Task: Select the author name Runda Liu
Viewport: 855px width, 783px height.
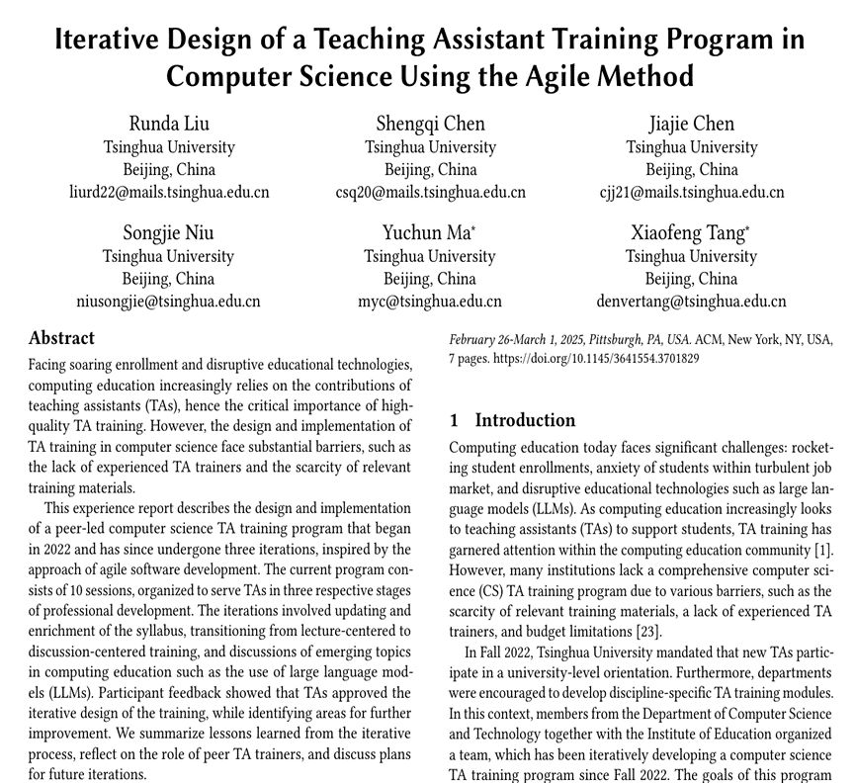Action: point(169,124)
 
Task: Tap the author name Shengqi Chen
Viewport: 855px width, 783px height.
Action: point(430,124)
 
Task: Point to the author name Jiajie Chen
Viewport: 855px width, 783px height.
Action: point(691,124)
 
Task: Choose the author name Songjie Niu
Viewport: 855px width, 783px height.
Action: point(168,233)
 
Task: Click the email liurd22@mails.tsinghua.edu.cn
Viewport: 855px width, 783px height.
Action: point(169,192)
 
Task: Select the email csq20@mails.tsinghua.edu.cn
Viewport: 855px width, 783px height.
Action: point(430,192)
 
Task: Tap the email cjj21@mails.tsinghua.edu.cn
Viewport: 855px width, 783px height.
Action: point(691,192)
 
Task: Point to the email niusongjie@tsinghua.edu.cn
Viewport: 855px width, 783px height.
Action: point(169,302)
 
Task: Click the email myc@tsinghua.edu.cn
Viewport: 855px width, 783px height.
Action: point(430,302)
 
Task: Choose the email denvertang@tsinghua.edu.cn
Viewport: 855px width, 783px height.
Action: point(691,302)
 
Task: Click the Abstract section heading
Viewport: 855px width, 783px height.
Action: point(61,338)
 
